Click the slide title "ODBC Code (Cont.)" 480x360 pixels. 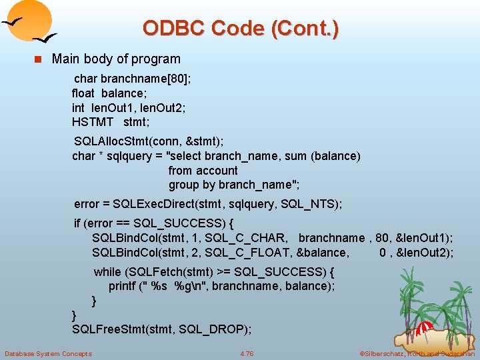coord(240,28)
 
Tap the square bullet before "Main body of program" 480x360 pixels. coord(38,59)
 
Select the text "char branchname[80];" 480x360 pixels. coord(133,78)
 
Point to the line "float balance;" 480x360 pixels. coord(107,93)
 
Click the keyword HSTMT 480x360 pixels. coord(93,122)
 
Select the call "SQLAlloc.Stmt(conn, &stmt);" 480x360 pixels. coord(149,141)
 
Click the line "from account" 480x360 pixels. coord(203,171)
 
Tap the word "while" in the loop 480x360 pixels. coord(107,272)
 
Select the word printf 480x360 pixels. coord(123,286)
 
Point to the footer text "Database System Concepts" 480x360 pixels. coord(48,353)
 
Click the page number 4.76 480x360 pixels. coord(247,353)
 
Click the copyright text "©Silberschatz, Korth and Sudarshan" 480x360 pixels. coord(417,353)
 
